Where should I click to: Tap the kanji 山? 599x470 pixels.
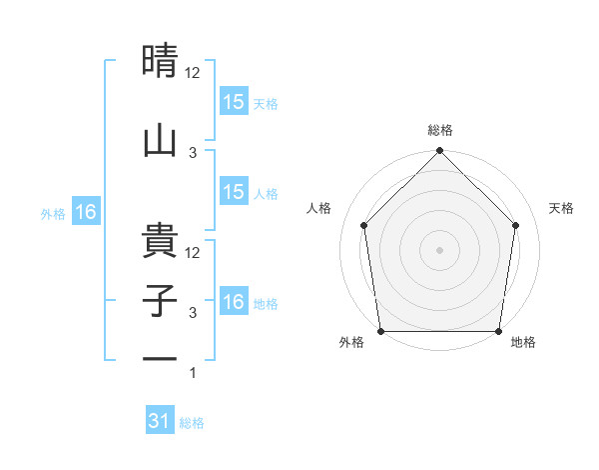click(162, 140)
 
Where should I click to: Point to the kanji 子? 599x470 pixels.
click(162, 302)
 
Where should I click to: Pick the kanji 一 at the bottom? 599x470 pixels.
click(162, 358)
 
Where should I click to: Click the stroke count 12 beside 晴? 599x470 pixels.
click(194, 73)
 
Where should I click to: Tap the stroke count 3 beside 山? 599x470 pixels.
click(194, 152)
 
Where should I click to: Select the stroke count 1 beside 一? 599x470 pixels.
click(194, 373)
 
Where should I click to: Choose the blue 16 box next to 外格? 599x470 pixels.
click(85, 212)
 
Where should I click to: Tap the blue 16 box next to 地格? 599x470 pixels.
click(234, 303)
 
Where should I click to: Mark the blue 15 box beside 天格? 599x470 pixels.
click(234, 102)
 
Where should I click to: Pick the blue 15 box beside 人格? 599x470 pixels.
click(234, 192)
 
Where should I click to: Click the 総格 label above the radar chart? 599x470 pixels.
click(440, 130)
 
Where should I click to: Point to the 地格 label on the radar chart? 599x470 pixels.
click(523, 343)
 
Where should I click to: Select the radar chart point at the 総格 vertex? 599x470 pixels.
click(439, 152)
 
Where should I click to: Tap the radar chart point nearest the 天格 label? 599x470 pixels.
click(516, 225)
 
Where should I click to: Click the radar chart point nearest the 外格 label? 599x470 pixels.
click(380, 331)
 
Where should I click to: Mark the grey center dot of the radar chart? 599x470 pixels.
click(439, 249)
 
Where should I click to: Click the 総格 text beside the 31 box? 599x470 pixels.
click(192, 423)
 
